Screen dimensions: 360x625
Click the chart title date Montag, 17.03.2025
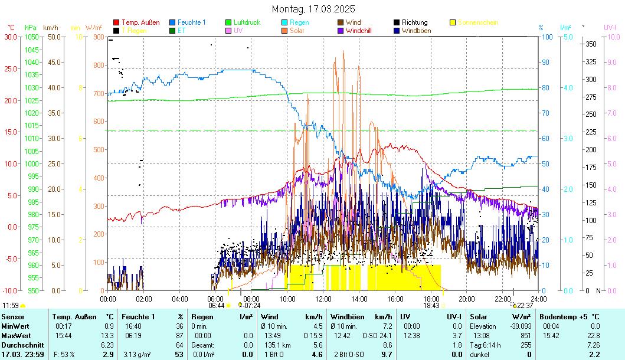pos(313,9)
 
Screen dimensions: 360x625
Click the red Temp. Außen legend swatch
pos(116,22)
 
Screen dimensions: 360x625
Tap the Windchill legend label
pos(359,30)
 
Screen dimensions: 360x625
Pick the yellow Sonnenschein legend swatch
pos(453,22)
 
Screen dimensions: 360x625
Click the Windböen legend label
pos(417,30)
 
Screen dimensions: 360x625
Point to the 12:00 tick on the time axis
pos(323,298)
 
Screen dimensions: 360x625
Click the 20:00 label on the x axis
pos(467,298)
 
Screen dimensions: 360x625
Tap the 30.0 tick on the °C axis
pos(10,37)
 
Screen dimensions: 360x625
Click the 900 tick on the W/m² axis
pos(97,37)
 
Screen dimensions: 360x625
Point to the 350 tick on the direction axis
pos(590,44)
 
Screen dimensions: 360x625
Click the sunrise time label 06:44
pos(216,306)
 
